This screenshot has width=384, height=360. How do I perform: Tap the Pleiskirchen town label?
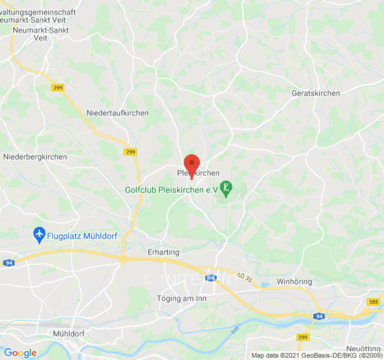[198, 173]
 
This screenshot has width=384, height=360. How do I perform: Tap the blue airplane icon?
[40, 234]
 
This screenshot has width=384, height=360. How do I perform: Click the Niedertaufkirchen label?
[117, 113]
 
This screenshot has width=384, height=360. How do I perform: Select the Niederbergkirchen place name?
[35, 157]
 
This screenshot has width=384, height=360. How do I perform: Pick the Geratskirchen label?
[316, 93]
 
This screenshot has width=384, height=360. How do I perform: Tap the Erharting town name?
[163, 252]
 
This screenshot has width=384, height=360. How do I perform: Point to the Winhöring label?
[294, 282]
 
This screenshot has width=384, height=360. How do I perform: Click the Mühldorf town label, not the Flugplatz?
[68, 334]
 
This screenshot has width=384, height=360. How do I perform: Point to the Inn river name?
[234, 331]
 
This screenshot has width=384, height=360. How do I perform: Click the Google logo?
[20, 353]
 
